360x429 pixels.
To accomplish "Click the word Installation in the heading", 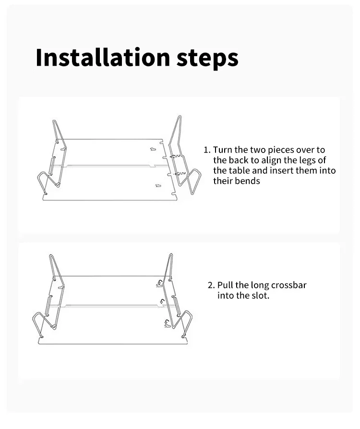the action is click(x=103, y=57).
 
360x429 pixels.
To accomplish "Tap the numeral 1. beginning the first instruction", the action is click(x=207, y=150).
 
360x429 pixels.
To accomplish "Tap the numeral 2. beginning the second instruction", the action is click(x=211, y=286).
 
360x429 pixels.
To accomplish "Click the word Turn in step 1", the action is click(x=223, y=150).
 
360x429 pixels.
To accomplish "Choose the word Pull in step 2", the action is click(x=225, y=286).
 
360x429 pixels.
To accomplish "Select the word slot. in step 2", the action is click(x=260, y=296).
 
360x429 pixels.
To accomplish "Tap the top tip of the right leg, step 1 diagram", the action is click(x=180, y=116).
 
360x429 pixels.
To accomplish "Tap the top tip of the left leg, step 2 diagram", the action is click(x=51, y=255).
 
